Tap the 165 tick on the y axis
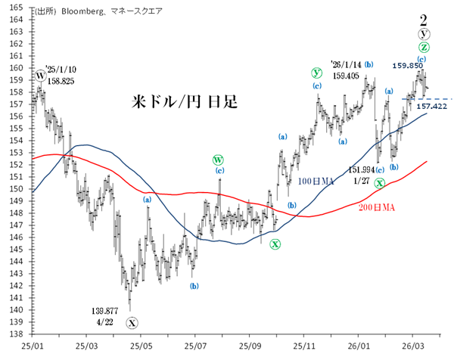[x=16, y=7]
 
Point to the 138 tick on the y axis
[x=16, y=334]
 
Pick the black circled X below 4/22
[x=132, y=323]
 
